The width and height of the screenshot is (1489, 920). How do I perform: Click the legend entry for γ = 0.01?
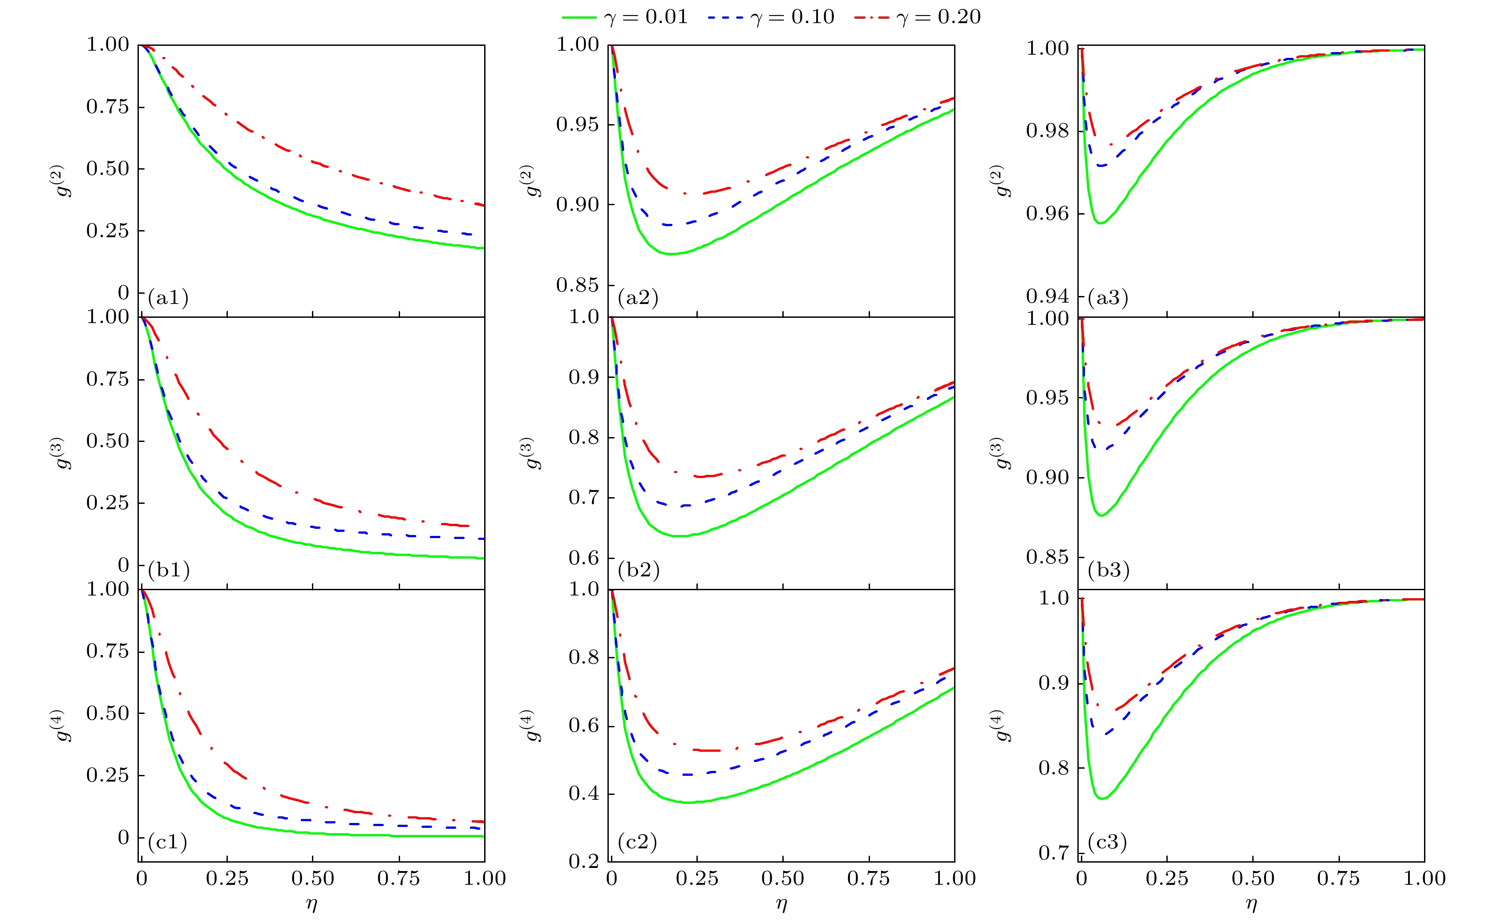(625, 17)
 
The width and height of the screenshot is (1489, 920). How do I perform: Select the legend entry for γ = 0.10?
(771, 17)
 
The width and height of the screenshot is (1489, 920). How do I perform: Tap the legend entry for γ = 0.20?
(918, 17)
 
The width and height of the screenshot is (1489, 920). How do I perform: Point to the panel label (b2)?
(638, 570)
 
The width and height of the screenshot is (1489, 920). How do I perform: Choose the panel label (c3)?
(1108, 842)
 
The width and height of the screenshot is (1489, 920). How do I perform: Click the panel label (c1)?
(167, 842)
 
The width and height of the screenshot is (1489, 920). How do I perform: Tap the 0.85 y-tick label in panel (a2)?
(577, 285)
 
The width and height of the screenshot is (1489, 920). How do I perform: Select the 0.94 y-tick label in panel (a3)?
(1048, 296)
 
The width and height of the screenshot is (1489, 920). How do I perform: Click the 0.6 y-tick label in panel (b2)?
(584, 558)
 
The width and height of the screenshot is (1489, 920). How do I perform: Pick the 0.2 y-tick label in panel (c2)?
(584, 861)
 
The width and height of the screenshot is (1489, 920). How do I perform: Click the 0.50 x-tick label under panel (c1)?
(313, 879)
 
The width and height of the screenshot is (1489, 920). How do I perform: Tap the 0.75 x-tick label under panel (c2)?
(869, 879)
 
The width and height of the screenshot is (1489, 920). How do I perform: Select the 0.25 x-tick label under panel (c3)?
(1167, 879)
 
